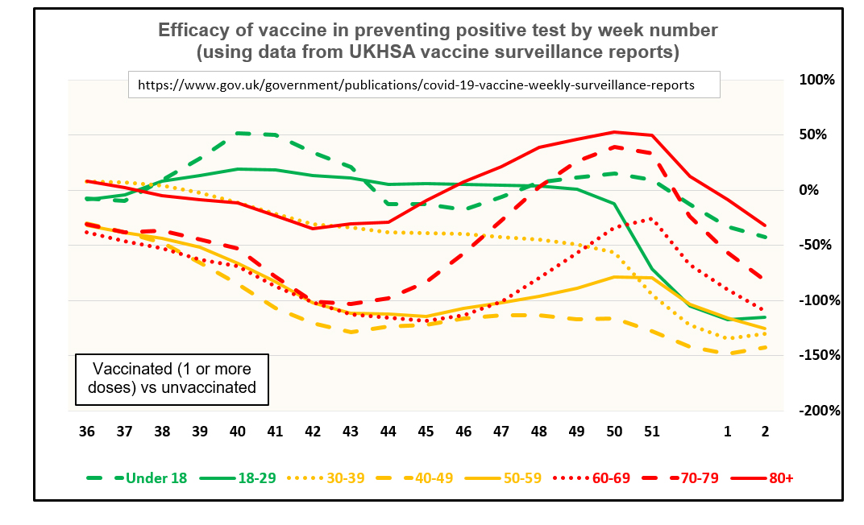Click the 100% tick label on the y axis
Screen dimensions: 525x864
pos(817,80)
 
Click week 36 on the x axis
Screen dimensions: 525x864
pos(87,432)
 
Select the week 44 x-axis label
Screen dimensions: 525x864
pos(388,432)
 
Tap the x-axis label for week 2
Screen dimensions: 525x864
pos(765,432)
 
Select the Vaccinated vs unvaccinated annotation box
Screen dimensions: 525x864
pos(172,378)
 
